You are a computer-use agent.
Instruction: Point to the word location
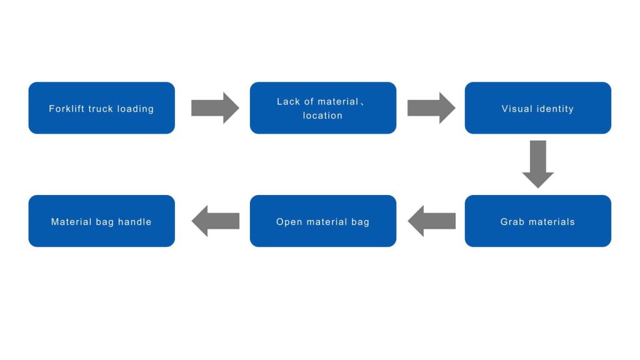tap(322, 116)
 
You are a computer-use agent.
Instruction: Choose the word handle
tap(135, 222)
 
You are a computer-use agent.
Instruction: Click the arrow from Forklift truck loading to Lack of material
tap(215, 107)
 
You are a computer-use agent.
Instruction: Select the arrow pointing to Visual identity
tap(431, 107)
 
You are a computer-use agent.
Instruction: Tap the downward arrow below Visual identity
tap(538, 164)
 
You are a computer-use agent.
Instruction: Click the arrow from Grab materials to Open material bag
tap(431, 221)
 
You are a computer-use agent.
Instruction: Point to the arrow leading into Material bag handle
tap(215, 221)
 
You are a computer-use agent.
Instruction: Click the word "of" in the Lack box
tap(309, 102)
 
